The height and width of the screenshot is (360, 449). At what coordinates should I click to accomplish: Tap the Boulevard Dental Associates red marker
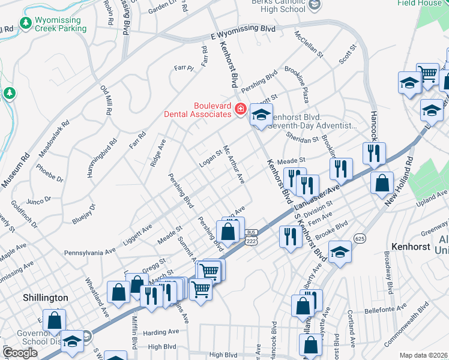tap(240, 109)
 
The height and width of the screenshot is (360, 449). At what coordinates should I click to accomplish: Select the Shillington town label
tap(46, 298)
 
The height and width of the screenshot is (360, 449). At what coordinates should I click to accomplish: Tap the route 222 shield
tap(252, 241)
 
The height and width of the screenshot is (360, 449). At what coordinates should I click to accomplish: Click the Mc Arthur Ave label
tap(234, 164)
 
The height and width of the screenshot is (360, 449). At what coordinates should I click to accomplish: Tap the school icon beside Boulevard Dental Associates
tap(261, 115)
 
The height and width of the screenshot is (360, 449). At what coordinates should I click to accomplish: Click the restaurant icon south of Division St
tap(290, 237)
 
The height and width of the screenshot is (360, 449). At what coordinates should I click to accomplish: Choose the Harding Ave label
tap(161, 332)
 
